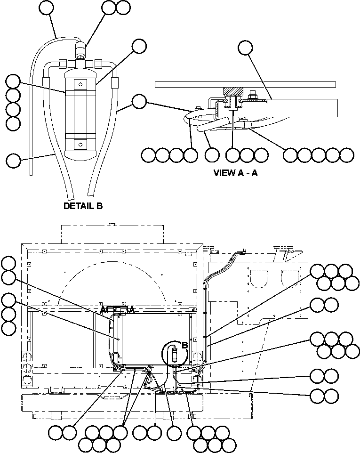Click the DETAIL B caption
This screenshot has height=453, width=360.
(x=83, y=206)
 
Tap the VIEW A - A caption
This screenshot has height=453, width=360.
(x=236, y=173)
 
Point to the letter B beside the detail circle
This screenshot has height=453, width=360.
(x=185, y=345)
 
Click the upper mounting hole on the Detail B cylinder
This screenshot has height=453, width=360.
(x=81, y=85)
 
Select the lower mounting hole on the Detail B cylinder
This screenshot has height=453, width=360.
(x=81, y=144)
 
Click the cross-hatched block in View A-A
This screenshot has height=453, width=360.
(x=232, y=91)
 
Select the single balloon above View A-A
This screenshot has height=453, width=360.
(x=245, y=48)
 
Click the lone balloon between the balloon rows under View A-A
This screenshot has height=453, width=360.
(x=212, y=154)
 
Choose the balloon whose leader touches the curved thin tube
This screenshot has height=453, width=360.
(x=46, y=7)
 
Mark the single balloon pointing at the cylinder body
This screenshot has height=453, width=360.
(x=139, y=46)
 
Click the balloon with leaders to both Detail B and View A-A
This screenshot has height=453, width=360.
(x=139, y=101)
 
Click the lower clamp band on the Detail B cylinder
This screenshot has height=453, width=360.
(x=81, y=137)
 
